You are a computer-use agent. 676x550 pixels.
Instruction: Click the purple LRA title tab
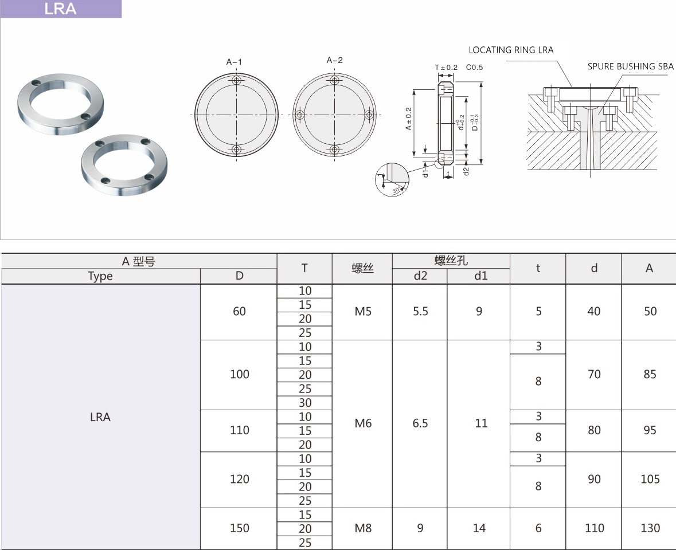pos(61,9)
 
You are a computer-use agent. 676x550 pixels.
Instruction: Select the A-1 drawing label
pos(234,62)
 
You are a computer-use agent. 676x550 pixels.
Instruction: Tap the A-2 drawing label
pos(334,60)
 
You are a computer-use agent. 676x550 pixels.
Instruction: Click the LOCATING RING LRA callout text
pos(511,50)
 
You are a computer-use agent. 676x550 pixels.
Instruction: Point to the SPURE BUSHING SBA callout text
pos(630,66)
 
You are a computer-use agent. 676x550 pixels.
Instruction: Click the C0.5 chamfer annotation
pos(474,67)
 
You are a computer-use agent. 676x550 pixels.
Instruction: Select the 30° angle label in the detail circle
pos(396,190)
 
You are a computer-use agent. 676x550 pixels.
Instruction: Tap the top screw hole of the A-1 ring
pos(236,81)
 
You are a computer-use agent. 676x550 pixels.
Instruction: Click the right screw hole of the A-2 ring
pos(369,115)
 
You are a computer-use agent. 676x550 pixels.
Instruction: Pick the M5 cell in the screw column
pos(362,312)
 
